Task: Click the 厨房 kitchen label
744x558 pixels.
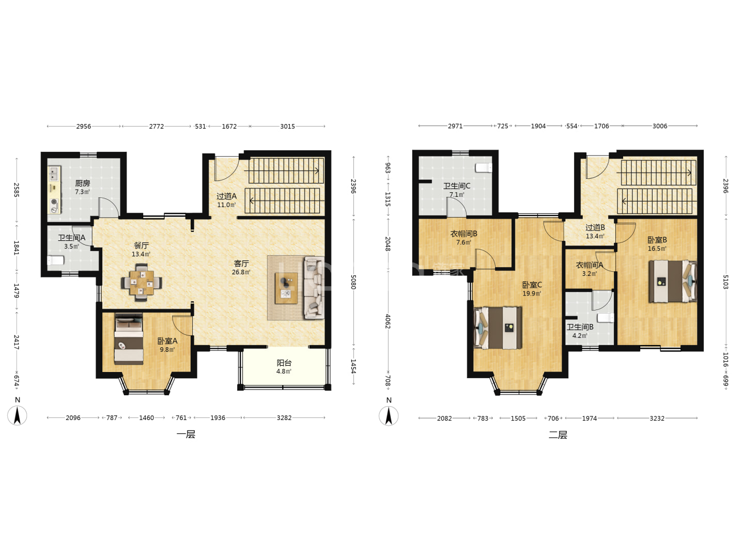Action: click(x=82, y=183)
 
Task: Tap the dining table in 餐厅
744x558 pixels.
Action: click(x=142, y=283)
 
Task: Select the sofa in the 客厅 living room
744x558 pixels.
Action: click(x=314, y=288)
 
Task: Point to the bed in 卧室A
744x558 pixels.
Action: click(x=129, y=339)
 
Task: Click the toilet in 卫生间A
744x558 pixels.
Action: click(x=56, y=260)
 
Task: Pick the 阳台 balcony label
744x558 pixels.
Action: click(x=284, y=363)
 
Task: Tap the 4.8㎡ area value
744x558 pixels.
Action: click(x=284, y=371)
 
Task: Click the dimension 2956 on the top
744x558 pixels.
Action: click(x=83, y=127)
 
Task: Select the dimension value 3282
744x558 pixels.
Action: click(x=284, y=418)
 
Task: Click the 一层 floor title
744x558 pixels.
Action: click(x=186, y=435)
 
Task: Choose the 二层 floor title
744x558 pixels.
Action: click(x=557, y=435)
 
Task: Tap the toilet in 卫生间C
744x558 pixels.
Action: click(x=484, y=168)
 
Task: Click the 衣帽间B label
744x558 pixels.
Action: click(x=463, y=234)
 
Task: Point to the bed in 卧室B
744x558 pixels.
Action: click(x=673, y=281)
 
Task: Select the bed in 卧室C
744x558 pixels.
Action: click(x=498, y=328)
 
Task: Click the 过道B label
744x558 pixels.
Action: click(x=595, y=227)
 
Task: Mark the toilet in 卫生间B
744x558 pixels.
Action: click(x=606, y=318)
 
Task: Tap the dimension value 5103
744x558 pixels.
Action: click(x=725, y=282)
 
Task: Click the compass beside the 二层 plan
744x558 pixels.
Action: click(x=389, y=416)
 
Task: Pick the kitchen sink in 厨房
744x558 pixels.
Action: click(x=54, y=173)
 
